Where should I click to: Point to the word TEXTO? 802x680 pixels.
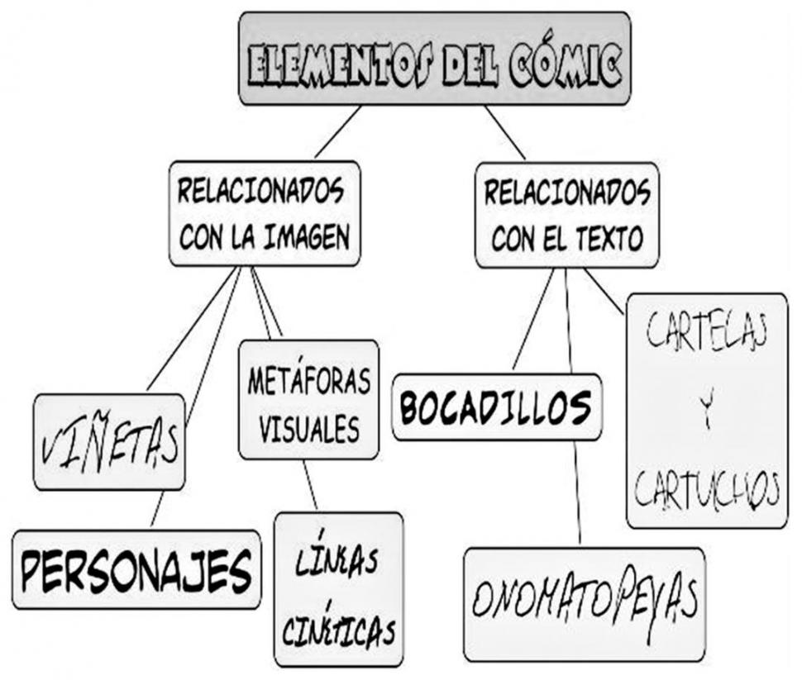click(609, 238)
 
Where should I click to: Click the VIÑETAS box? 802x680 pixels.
click(109, 442)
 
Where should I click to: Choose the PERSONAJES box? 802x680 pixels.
click(136, 569)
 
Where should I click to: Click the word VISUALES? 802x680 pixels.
click(309, 429)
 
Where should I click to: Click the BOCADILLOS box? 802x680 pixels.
click(497, 407)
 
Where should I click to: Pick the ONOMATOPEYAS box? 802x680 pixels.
click(585, 605)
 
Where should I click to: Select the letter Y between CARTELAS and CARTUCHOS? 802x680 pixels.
click(707, 408)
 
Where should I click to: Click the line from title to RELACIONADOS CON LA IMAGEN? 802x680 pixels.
click(338, 132)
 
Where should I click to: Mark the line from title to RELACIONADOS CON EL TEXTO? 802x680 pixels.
click(505, 132)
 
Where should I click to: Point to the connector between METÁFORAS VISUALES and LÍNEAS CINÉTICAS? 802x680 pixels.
click(310, 485)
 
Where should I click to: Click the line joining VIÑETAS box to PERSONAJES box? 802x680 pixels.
click(158, 509)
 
